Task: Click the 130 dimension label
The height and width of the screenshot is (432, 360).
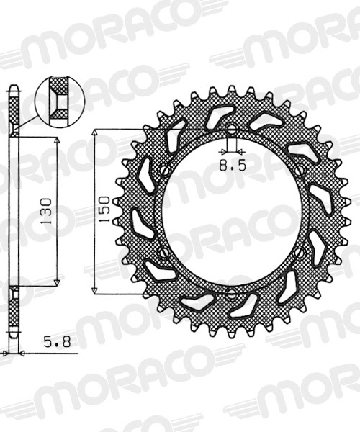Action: (47, 211)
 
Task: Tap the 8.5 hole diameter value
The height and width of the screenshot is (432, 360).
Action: (232, 166)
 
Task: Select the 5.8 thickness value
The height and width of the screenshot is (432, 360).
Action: (57, 342)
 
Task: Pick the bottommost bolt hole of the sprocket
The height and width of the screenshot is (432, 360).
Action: (232, 294)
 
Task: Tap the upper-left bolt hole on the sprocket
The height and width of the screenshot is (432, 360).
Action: (165, 170)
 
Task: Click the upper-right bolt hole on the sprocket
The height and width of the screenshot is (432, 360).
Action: (299, 171)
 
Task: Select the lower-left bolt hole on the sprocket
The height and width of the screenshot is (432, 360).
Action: (164, 252)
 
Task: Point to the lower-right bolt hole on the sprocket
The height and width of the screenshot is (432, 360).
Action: (300, 253)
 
